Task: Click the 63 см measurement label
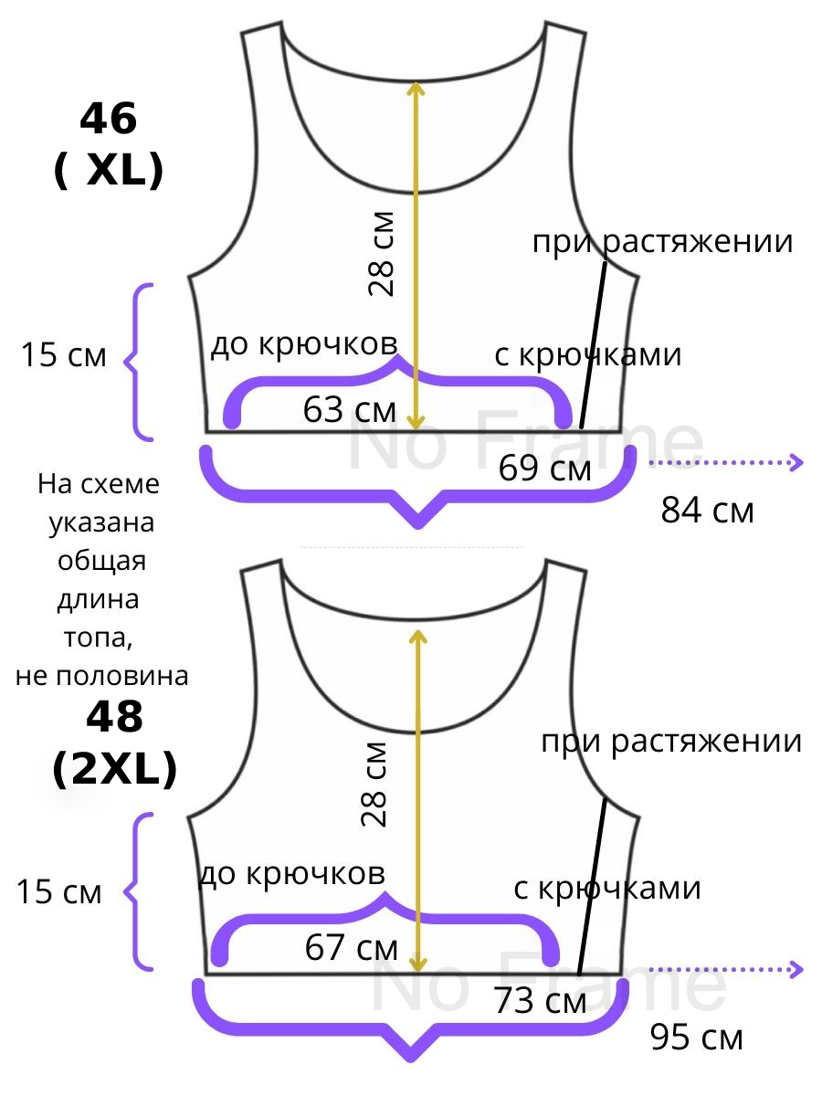click(349, 411)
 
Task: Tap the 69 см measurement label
click(545, 469)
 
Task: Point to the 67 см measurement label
click(351, 948)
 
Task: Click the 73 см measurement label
click(540, 1003)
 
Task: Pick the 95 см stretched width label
click(697, 1038)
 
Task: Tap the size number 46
click(109, 120)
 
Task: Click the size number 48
click(114, 719)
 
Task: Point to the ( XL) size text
click(109, 170)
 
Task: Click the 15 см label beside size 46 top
click(64, 355)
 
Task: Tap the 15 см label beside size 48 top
click(59, 892)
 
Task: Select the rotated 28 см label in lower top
click(376, 784)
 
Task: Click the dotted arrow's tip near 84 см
click(801, 463)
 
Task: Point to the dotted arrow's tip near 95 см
click(801, 969)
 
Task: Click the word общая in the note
click(101, 561)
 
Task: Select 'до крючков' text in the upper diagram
click(304, 344)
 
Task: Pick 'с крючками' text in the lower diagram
click(607, 888)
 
